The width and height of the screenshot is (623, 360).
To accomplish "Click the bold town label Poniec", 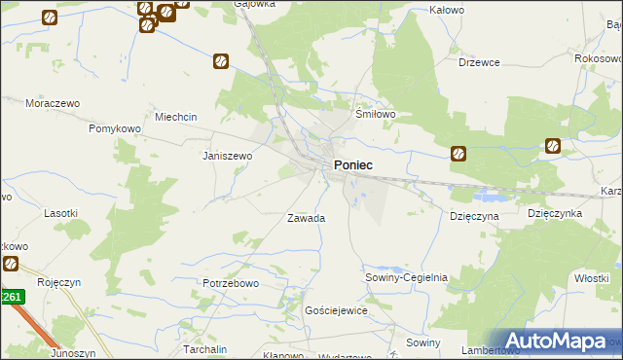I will [352, 165].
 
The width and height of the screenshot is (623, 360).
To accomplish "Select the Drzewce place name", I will [479, 62].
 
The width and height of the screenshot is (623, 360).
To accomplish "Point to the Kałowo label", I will [447, 10].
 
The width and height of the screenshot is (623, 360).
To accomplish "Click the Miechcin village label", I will [175, 117].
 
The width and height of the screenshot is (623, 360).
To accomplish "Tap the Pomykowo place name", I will [116, 128].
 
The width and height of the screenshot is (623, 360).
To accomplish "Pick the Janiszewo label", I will [227, 155].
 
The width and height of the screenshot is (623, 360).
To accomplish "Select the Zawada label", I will [306, 218].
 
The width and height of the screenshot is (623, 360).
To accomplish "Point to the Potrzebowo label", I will [231, 283].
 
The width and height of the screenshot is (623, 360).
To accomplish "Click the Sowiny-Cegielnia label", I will [406, 277].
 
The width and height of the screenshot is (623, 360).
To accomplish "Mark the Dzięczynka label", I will [555, 212].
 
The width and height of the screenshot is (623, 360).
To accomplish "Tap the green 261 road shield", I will [11, 298].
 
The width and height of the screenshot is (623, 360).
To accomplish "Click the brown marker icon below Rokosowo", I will [553, 147].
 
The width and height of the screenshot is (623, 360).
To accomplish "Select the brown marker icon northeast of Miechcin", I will [221, 61].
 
